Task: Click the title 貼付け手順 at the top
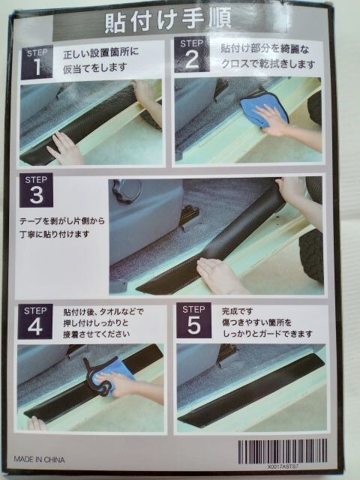click(x=168, y=20)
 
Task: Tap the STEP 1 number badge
click(x=37, y=63)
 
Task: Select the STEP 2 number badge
click(x=192, y=55)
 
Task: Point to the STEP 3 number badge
click(x=36, y=190)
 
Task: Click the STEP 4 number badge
click(x=35, y=322)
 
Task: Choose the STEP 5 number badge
click(x=193, y=320)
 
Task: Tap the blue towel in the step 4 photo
click(x=111, y=377)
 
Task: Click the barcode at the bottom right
click(x=283, y=451)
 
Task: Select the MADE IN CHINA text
click(x=39, y=460)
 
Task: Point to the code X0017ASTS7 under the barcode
click(x=283, y=466)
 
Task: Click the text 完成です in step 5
click(x=238, y=311)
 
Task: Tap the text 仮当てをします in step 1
click(x=95, y=68)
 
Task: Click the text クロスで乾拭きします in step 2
click(x=268, y=64)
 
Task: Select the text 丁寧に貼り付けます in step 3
click(x=55, y=234)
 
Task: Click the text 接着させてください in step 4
click(x=97, y=334)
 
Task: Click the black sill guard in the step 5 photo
click(x=251, y=388)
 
